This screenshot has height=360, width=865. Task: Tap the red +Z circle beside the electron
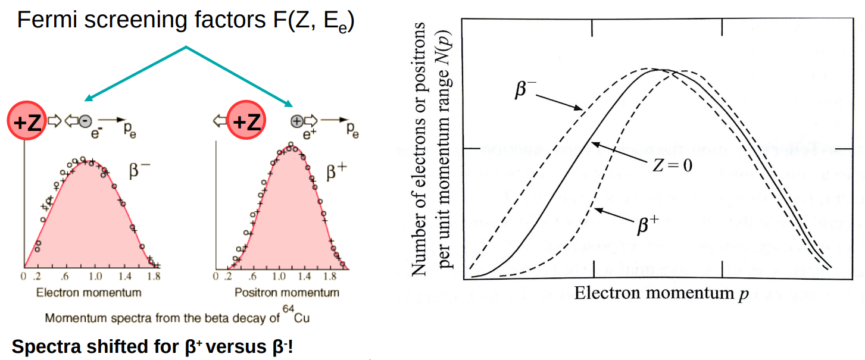[26, 122]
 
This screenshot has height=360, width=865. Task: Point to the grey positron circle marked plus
[296, 121]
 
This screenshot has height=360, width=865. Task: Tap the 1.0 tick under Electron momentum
[96, 277]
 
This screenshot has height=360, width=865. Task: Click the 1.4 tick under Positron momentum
[304, 277]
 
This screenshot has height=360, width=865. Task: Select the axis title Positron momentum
[287, 293]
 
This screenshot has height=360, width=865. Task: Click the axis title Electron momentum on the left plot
[89, 293]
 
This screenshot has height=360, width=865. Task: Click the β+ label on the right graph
[648, 226]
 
